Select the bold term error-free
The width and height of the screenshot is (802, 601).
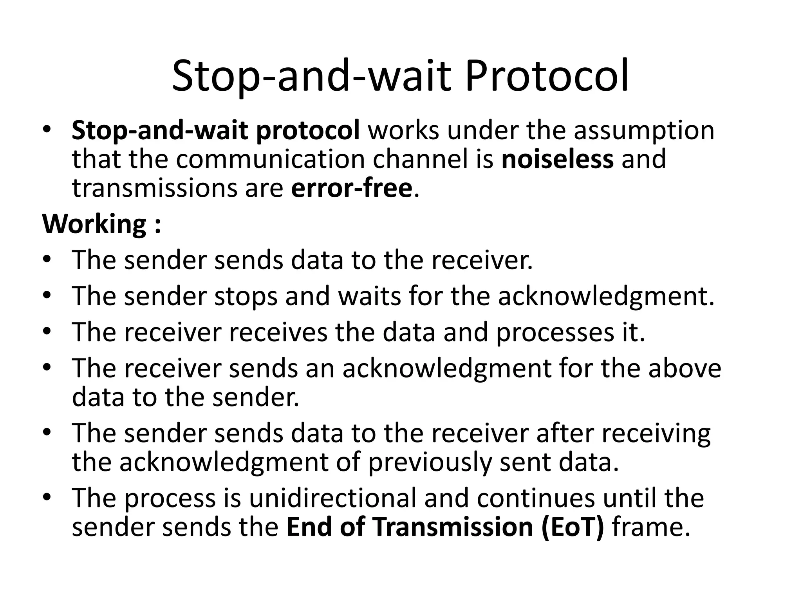click(352, 188)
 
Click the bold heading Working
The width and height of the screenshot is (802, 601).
click(94, 225)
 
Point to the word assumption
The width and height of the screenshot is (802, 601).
click(644, 131)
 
